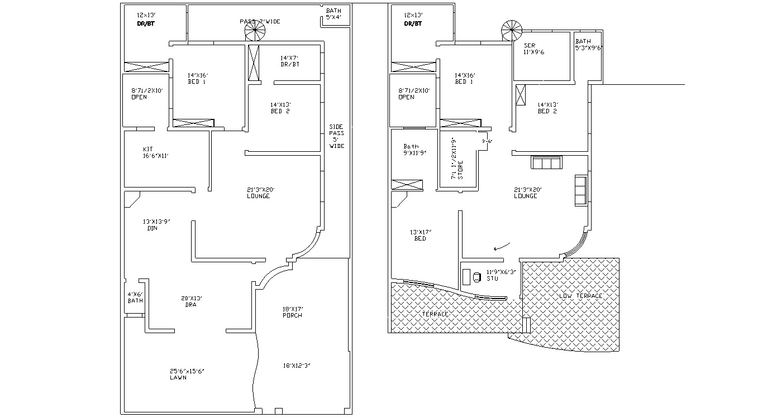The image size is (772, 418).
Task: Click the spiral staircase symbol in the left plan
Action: point(256,31)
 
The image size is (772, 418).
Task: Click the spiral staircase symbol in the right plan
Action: point(511,31)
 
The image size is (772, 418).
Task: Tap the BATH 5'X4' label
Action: point(333,14)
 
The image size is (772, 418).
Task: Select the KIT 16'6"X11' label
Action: point(155,152)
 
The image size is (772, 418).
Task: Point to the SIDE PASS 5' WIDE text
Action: point(337,136)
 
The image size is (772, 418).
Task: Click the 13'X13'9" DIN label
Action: point(156,224)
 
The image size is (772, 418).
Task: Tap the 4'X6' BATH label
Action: point(135,297)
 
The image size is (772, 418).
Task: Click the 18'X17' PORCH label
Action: point(292,312)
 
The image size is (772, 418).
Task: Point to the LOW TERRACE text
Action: point(581,296)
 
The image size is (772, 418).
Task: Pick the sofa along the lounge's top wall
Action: point(546,162)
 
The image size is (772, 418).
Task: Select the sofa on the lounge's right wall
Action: point(581,190)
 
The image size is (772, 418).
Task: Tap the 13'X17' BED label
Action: point(420,235)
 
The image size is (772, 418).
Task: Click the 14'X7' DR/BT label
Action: point(289,61)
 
